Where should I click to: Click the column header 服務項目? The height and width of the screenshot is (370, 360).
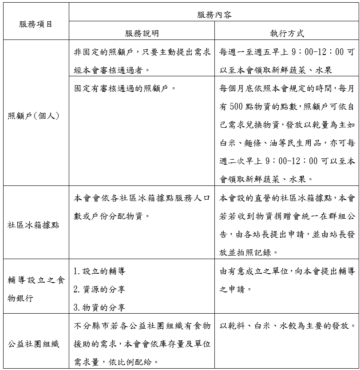pos(35,24)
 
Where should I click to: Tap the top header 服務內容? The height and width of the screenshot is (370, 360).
pos(214,15)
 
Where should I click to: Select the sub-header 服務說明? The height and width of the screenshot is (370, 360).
pos(142,34)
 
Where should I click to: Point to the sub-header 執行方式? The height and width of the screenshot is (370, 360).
pos(287,34)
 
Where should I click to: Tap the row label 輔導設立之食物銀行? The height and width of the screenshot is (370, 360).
pos(35,289)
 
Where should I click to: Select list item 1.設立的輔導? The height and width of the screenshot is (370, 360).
pos(96,271)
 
